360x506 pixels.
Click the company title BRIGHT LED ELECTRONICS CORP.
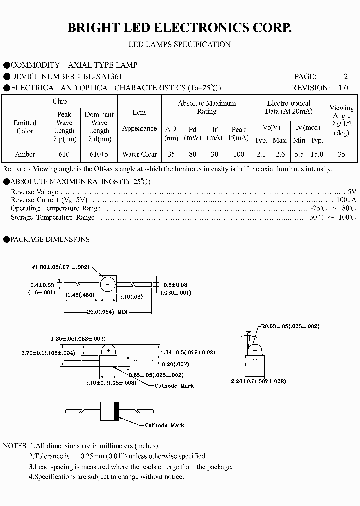point(179,28)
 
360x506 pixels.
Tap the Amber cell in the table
point(25,154)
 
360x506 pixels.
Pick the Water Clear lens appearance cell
point(139,154)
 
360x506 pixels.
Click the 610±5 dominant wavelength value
point(99,154)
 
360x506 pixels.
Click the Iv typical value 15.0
point(317,154)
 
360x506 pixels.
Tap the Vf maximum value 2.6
point(280,154)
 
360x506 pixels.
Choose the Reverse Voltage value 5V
point(352,192)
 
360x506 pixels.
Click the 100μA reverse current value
point(348,200)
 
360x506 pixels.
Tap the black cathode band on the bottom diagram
point(116,411)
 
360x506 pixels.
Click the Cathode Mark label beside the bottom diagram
point(164,425)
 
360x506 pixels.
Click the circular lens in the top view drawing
point(108,284)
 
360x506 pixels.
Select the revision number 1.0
point(343,88)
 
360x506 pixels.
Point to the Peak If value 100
point(239,154)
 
